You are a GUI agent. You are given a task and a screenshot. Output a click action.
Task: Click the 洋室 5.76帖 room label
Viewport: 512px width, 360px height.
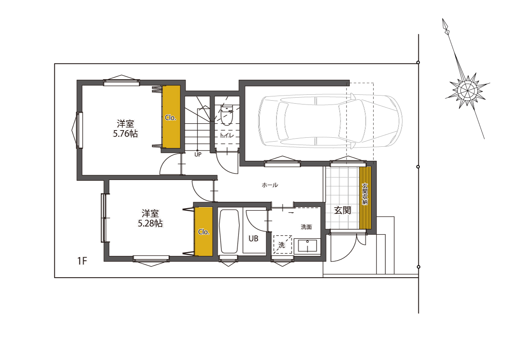pos(125,128)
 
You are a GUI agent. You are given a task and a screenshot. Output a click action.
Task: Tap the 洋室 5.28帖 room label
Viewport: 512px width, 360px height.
pos(150,218)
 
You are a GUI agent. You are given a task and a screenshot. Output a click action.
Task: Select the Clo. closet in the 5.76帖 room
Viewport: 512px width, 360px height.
pos(171,117)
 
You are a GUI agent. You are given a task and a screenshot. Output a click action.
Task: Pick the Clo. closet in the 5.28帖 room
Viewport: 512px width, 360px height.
pos(204,232)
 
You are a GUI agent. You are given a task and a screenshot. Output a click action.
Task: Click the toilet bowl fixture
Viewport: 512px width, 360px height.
pos(227,116)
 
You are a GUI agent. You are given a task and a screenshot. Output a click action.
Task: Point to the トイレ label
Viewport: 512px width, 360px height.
pos(227,135)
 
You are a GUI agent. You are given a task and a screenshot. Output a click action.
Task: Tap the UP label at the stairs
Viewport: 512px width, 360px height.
pos(198,154)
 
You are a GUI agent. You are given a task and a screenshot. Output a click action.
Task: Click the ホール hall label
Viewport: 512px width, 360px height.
pos(270,185)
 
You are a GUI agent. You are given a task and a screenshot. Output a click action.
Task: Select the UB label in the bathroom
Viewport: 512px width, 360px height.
pos(253,238)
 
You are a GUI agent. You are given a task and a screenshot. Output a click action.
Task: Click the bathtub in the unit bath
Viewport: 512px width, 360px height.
pos(229,231)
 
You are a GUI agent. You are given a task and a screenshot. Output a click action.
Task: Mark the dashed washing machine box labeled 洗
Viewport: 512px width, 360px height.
pos(282,244)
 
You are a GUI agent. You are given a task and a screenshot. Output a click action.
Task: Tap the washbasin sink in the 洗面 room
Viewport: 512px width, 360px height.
pos(307,246)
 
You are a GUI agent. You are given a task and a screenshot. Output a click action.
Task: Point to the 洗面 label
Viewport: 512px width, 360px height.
pos(306,227)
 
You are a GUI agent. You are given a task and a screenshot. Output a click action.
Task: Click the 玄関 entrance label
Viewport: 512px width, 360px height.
pos(342,210)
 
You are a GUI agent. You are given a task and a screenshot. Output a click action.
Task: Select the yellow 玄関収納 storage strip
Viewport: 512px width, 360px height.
pos(365,198)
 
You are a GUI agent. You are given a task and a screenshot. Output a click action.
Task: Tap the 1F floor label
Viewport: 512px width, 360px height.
pos(82,261)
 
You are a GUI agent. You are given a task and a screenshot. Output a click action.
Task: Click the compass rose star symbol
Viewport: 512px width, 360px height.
pos(468,91)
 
